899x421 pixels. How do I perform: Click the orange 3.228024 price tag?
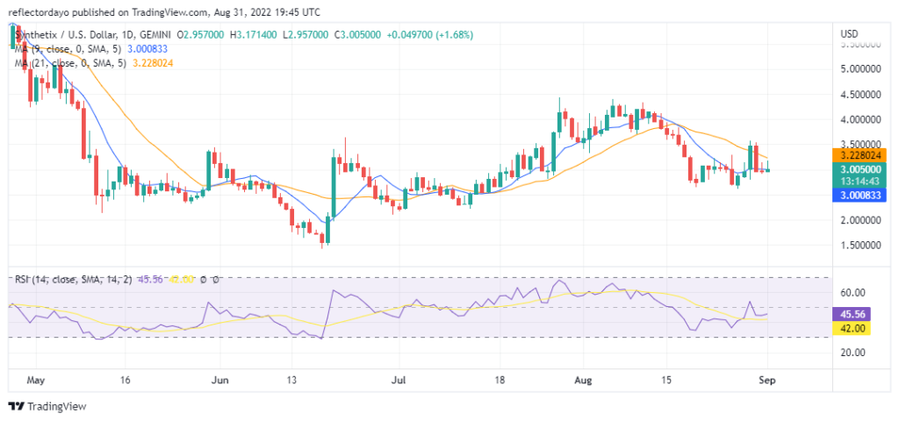[x=861, y=154]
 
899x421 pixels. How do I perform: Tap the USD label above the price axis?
[x=850, y=33]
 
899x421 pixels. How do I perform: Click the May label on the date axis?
[x=35, y=381]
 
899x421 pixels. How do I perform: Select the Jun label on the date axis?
[x=220, y=381]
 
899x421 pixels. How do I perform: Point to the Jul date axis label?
[x=399, y=381]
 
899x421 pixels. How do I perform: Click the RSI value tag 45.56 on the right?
[x=854, y=313]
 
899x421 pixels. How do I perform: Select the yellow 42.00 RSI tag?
[x=854, y=328]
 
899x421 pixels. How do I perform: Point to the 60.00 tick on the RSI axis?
[x=854, y=293]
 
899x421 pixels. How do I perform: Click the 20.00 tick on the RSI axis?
[x=854, y=353]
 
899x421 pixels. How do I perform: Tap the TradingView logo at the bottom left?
[x=44, y=406]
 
